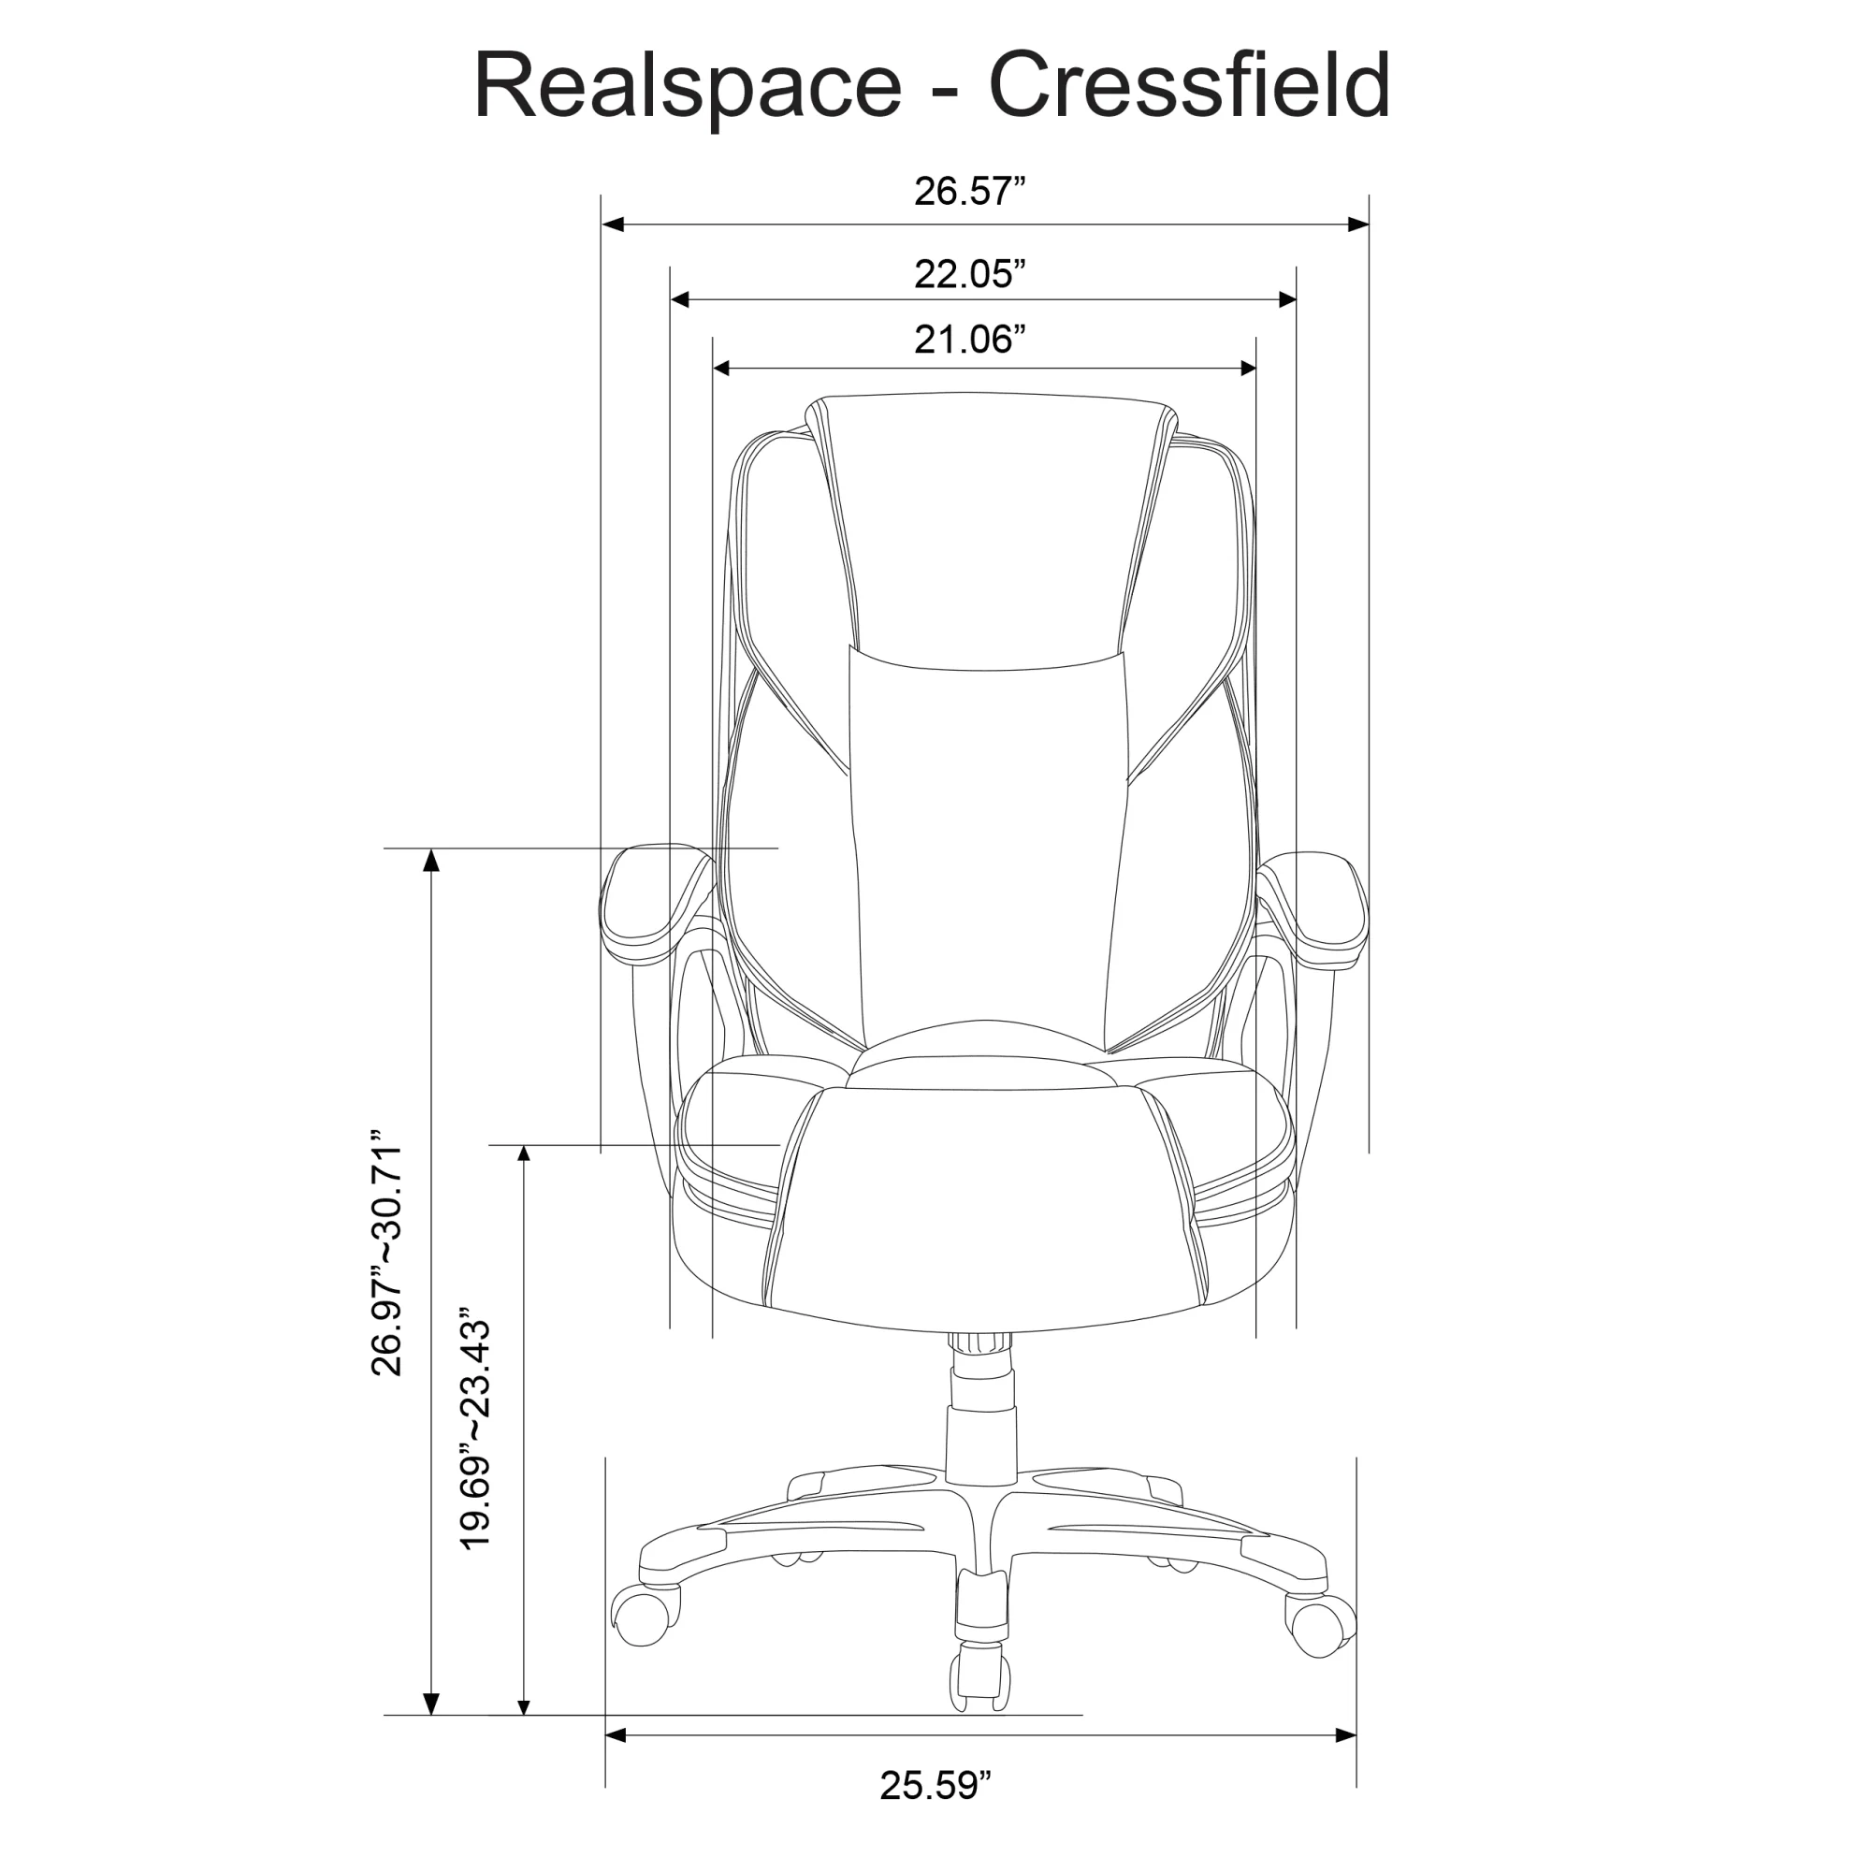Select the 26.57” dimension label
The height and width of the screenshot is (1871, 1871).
(x=969, y=191)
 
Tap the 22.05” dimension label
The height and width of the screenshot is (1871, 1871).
(x=969, y=274)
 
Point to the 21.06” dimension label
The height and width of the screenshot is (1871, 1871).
(x=969, y=340)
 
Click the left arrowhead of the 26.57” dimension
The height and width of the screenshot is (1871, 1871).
(x=612, y=225)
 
